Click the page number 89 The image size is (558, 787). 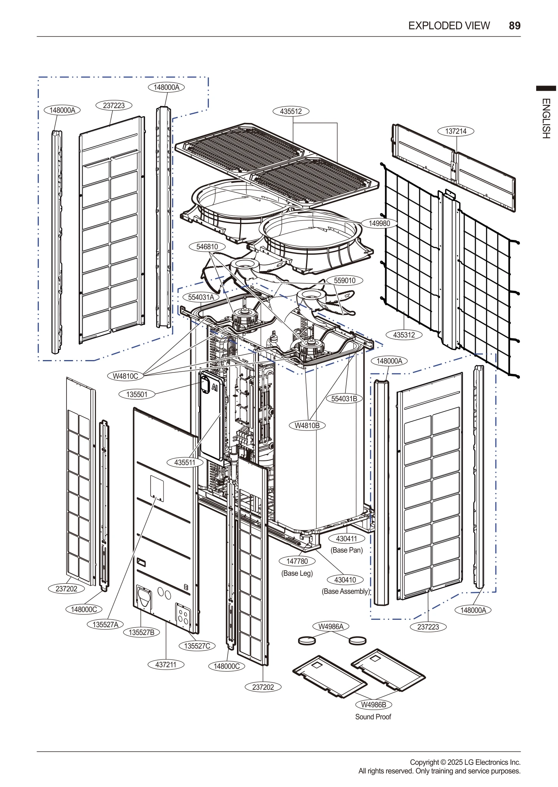coord(514,26)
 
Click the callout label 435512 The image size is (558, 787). coord(291,111)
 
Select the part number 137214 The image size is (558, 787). coord(456,131)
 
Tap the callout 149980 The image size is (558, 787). coord(379,223)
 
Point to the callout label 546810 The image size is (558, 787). coord(207,247)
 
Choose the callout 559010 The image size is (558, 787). coord(344,280)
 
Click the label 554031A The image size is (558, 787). coord(201,297)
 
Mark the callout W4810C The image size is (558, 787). coord(125,376)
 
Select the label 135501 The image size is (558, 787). coord(137,394)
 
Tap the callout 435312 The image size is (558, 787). coord(404,334)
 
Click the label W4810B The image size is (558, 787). coord(307,425)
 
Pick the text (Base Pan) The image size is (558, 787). coord(346,550)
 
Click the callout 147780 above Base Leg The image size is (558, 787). coord(297,561)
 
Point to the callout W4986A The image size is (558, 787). coord(331,626)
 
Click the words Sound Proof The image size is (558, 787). coord(373,717)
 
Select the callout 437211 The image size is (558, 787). coord(166,665)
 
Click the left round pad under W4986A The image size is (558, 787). coord(307,640)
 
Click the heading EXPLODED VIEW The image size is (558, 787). coord(449,26)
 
